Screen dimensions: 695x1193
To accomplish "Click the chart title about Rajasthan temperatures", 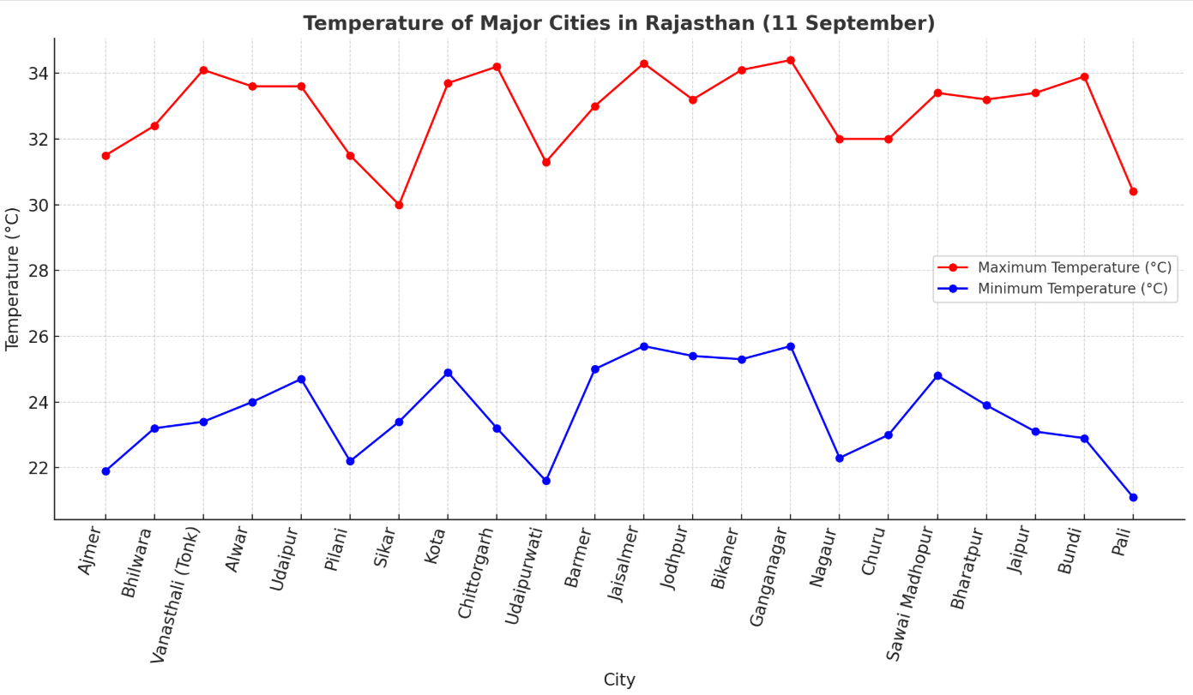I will click(x=618, y=23).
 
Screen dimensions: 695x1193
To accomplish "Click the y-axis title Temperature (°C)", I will click(x=13, y=279).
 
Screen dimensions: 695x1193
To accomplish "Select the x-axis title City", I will click(x=619, y=680).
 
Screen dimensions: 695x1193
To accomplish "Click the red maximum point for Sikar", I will click(x=399, y=205).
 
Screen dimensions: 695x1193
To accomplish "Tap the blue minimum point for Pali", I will click(x=1133, y=497).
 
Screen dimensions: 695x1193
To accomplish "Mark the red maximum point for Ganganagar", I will click(x=790, y=60).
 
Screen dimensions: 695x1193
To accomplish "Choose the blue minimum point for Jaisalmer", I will click(x=644, y=346).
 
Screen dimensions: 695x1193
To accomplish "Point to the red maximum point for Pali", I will click(x=1133, y=191).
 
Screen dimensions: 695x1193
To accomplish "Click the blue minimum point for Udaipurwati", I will click(x=546, y=481).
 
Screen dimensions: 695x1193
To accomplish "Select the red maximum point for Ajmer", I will click(x=105, y=155).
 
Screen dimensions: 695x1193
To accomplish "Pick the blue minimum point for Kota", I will click(x=448, y=373).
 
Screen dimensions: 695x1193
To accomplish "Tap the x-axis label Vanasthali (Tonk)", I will click(x=176, y=594).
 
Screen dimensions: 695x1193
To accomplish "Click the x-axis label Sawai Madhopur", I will click(x=911, y=593).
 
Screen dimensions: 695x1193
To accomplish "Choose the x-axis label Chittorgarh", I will click(x=477, y=572).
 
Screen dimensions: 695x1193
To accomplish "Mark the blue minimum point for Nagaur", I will click(x=840, y=458).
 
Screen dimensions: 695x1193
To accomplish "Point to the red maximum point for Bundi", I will click(x=1084, y=76).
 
